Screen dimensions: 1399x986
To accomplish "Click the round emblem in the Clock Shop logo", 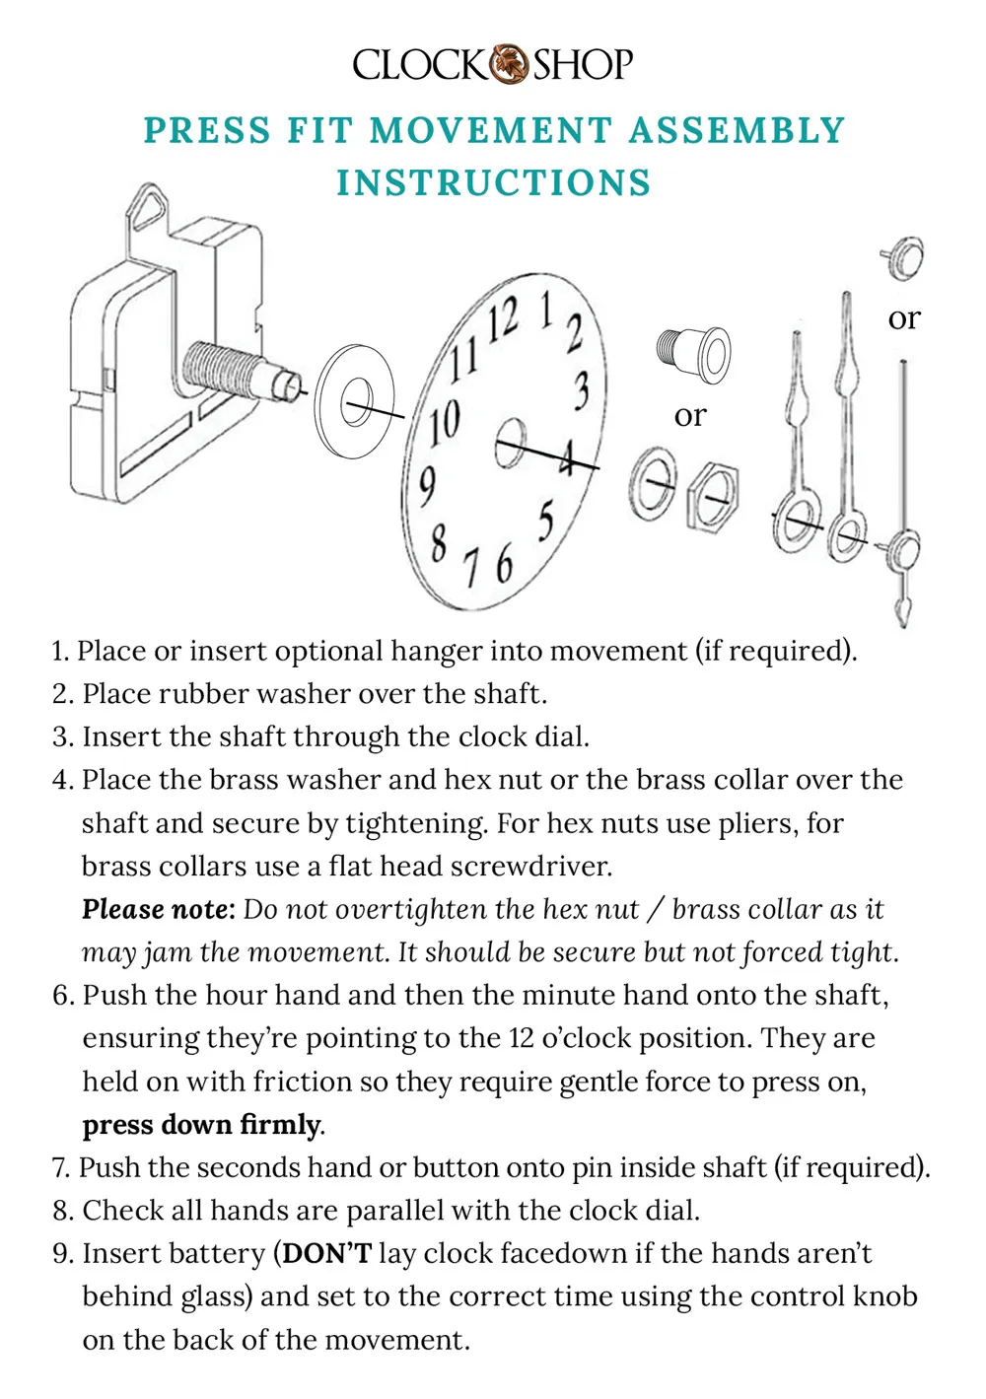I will coord(510,64).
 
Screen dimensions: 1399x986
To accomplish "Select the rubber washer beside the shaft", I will coord(353,402).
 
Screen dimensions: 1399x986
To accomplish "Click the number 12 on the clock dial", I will coord(503,320).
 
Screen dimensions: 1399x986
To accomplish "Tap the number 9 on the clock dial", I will coord(427,485).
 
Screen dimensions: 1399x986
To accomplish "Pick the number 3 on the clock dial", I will coord(582,390).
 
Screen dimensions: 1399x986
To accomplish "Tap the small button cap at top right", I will coord(903,257).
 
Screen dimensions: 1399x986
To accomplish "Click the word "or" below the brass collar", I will coord(690,416).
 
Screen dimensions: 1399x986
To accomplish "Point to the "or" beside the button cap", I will coord(903,318).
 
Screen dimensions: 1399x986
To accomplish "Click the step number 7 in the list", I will coord(61,1168).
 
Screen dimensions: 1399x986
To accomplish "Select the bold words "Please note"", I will coord(158,909).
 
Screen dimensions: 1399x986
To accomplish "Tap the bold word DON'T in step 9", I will coord(326,1254).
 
